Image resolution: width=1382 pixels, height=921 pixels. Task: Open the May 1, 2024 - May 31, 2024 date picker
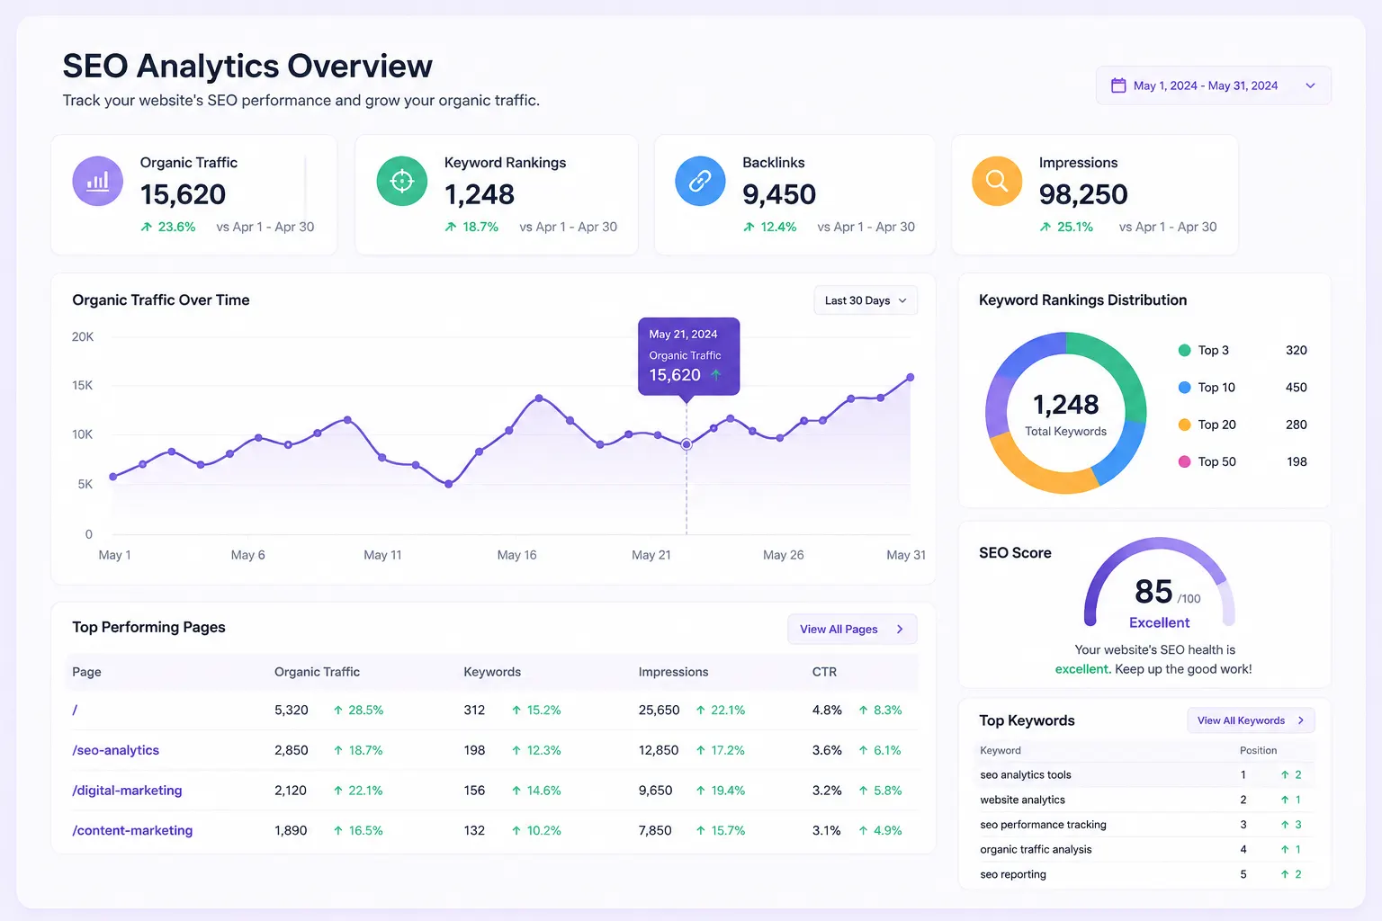point(1213,85)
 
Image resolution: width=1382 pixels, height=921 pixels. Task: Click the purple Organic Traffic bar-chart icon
point(97,181)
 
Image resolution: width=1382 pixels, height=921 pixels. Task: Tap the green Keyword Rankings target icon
point(401,181)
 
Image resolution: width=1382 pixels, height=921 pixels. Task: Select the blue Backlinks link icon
point(700,181)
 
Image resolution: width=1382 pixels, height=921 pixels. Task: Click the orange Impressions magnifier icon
point(996,181)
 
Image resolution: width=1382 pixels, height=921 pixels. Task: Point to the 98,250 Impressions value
point(1082,194)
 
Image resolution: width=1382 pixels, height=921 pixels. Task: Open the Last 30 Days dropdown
point(865,300)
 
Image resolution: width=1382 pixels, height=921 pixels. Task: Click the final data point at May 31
point(910,377)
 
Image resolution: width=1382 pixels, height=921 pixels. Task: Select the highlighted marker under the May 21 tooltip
point(687,444)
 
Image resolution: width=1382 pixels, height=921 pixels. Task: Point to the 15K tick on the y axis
point(82,386)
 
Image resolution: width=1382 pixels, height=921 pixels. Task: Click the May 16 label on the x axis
point(516,555)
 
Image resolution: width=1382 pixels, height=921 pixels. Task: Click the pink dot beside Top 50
point(1184,461)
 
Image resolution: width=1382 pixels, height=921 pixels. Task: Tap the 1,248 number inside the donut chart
point(1065,405)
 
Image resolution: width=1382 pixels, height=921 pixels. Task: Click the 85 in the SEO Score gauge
point(1153,591)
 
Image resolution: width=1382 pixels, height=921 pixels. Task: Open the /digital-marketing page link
point(127,791)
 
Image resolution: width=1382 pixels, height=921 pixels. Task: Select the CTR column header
point(824,672)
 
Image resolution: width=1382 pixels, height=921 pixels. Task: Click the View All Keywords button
point(1251,720)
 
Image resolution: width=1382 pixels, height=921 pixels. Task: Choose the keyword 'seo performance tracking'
point(1043,825)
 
